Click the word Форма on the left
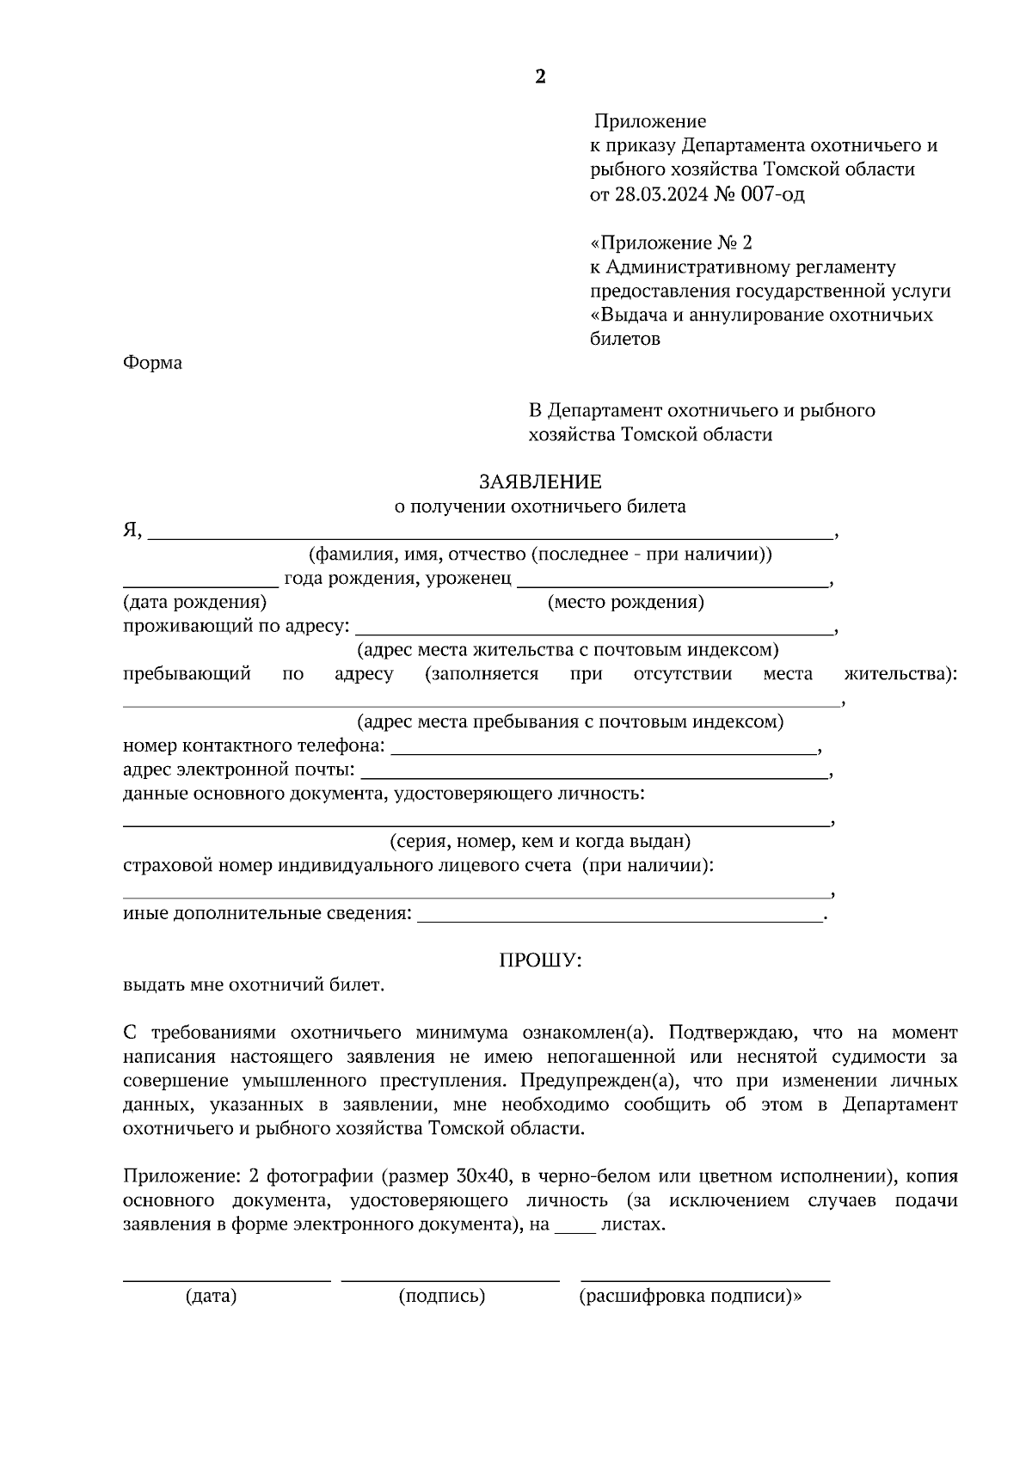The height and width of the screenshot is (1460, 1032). [152, 363]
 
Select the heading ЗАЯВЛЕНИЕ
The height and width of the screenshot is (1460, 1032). [540, 482]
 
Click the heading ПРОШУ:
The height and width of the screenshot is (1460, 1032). [540, 960]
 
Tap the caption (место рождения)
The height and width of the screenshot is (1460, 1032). [626, 602]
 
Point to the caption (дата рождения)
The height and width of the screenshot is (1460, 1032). [194, 602]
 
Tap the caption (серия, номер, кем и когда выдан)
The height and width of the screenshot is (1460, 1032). [540, 841]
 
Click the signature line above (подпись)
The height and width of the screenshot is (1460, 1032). [450, 1279]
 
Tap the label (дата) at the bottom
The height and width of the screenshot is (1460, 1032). [211, 1296]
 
